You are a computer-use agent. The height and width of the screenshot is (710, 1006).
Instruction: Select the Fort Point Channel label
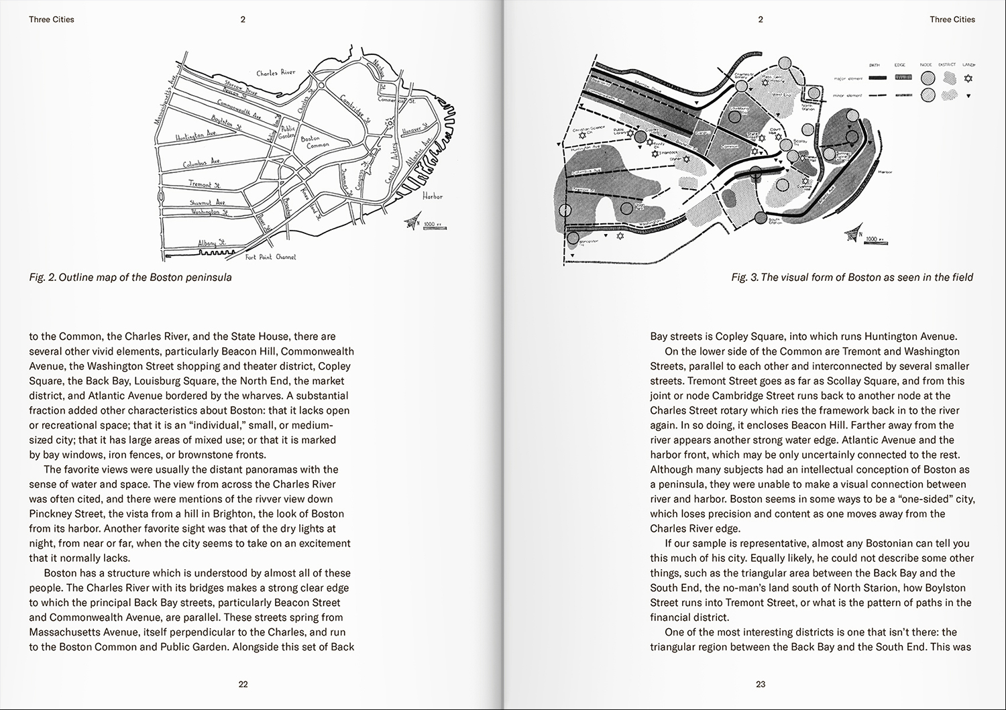point(270,257)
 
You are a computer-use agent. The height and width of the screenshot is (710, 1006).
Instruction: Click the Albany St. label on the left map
point(213,242)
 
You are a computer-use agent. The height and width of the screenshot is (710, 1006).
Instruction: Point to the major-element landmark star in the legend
point(968,79)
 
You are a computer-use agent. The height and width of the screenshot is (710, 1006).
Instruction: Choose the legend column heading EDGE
point(899,65)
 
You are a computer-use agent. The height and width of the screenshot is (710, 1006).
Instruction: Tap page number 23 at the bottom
point(761,685)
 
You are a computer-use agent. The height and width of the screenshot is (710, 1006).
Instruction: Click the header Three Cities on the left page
point(52,19)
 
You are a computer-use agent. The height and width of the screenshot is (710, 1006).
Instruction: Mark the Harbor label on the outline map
point(433,196)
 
